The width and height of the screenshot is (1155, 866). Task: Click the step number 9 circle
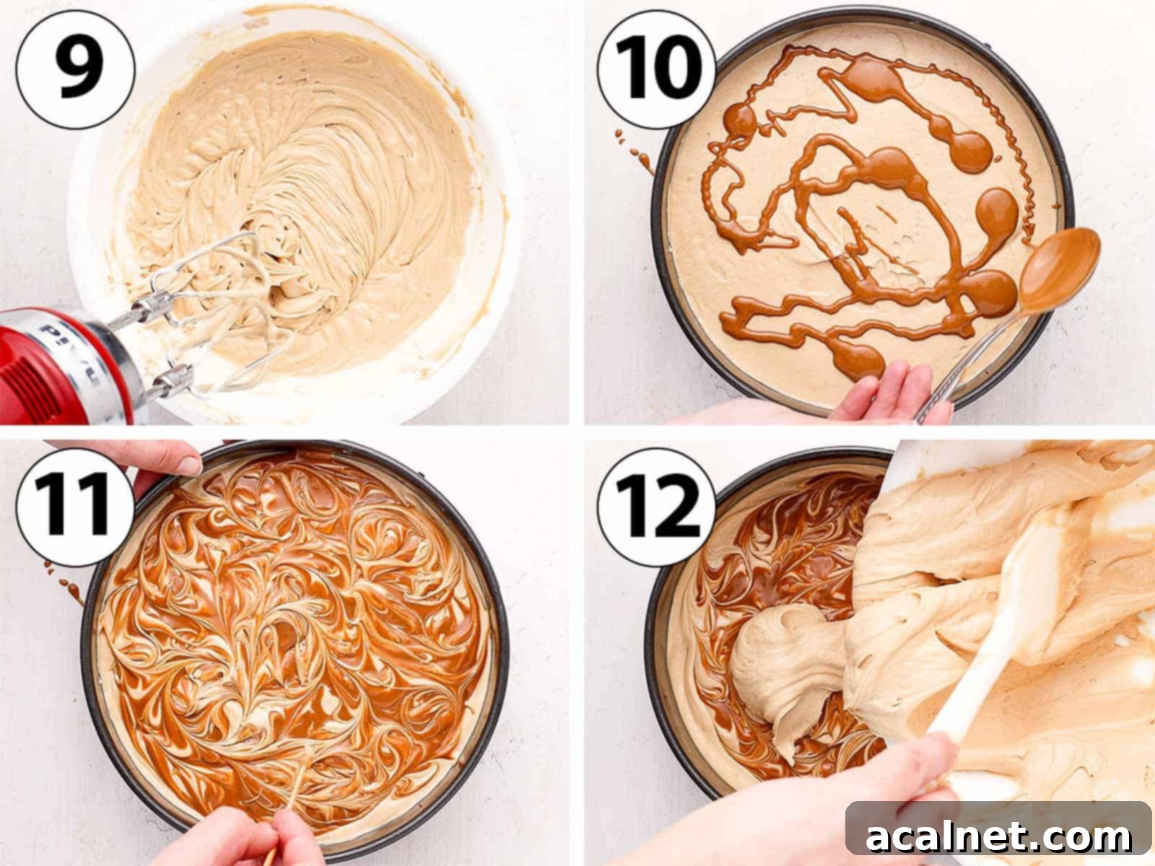(x=75, y=69)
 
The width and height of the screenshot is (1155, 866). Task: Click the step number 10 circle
(x=656, y=69)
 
